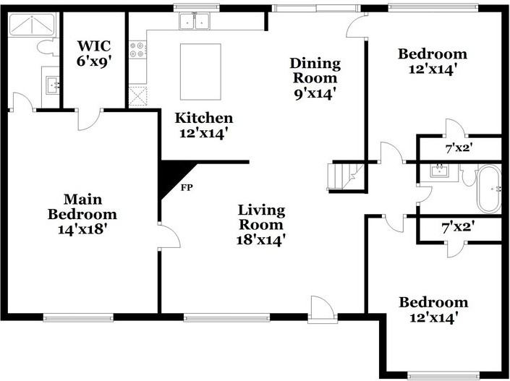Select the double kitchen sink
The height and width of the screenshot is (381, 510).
(x=193, y=22)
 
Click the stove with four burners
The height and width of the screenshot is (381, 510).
(x=137, y=49)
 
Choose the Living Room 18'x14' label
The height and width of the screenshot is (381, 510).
(x=262, y=225)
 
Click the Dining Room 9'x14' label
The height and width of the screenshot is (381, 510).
(x=313, y=78)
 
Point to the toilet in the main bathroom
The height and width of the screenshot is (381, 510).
(x=47, y=48)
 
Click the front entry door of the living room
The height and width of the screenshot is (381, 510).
(x=321, y=309)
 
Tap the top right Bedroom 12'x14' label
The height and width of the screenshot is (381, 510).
(x=433, y=61)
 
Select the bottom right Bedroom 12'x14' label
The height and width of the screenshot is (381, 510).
(x=433, y=309)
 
